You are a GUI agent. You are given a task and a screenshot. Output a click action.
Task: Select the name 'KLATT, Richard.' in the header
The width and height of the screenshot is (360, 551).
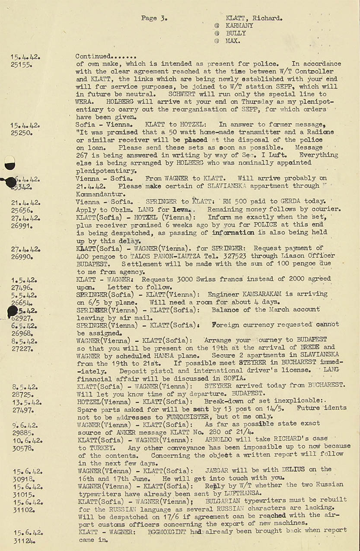pos(254,18)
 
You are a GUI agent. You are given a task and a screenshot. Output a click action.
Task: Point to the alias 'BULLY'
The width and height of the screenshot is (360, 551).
pos(236,33)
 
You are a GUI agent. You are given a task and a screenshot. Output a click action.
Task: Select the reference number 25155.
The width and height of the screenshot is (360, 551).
pos(21,64)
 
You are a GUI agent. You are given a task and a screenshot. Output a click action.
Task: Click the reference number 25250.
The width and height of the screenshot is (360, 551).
pos(22,133)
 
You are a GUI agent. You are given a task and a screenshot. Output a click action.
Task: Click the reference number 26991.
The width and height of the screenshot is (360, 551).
pos(22,225)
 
